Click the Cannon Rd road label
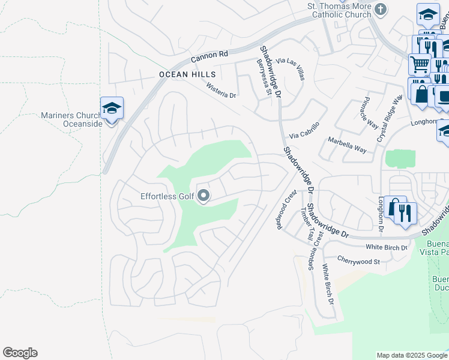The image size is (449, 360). pos(210,56)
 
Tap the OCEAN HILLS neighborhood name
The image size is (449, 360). pos(187,74)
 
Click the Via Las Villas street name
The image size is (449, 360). pos(291,70)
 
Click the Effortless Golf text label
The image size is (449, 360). pos(167,196)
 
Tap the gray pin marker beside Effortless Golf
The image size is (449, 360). pos(203,196)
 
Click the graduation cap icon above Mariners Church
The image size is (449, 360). pos(112,109)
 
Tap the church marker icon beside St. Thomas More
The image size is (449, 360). pos(381,9)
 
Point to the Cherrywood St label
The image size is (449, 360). pos(359,262)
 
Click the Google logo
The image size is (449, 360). pos(20,353)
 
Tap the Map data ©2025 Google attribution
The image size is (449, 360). pos(412,355)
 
